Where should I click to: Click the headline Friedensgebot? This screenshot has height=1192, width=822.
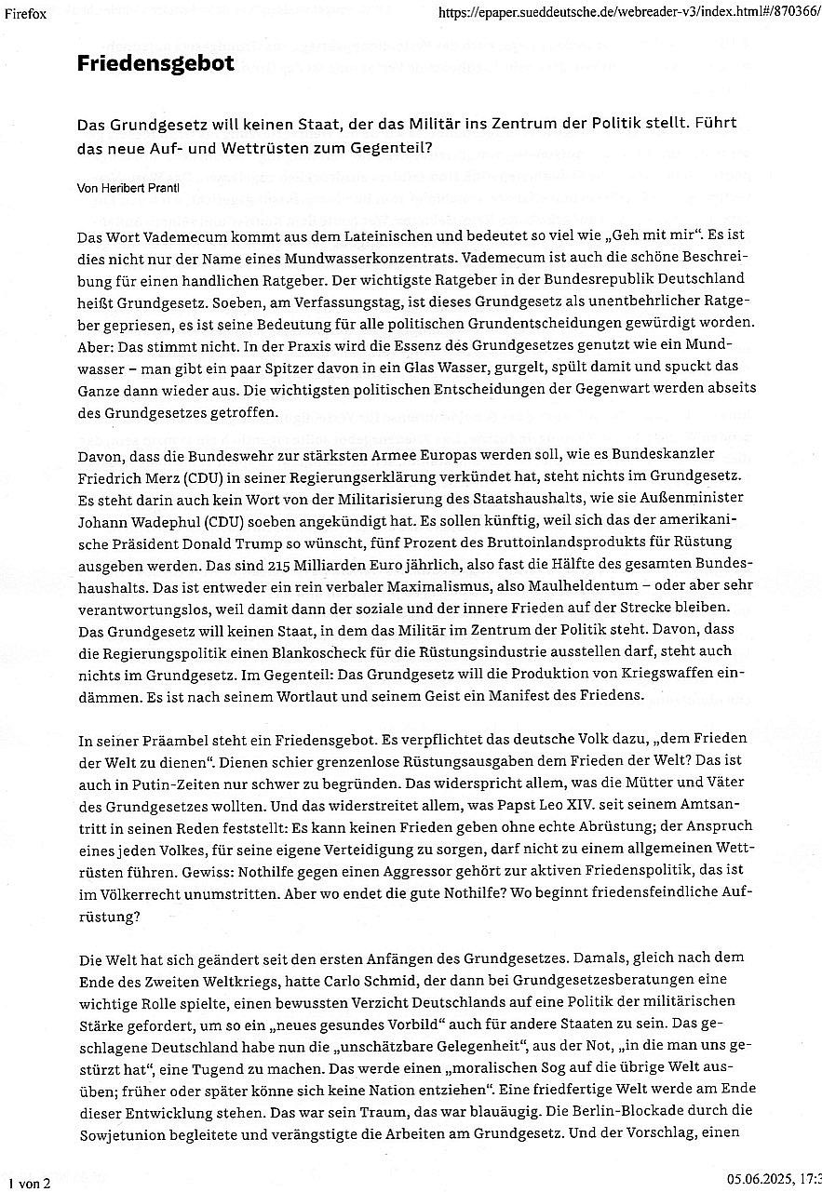tap(155, 63)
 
